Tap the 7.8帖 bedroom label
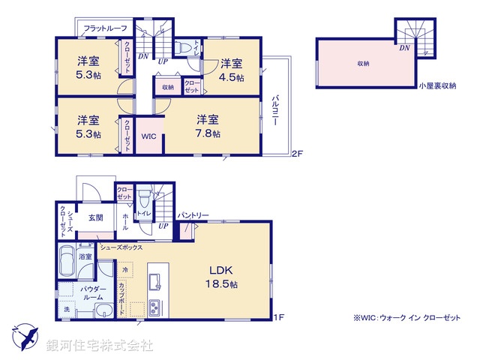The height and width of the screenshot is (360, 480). tap(208, 126)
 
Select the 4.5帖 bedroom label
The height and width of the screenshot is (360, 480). tap(230, 72)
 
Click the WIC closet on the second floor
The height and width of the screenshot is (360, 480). tap(148, 136)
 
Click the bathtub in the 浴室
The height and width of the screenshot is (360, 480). tap(64, 263)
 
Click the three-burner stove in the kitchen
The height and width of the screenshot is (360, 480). tap(154, 307)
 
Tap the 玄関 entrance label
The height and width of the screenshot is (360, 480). tap(94, 218)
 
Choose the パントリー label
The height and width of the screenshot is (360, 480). tap(193, 215)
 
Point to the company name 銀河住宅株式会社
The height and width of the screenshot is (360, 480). tap(99, 346)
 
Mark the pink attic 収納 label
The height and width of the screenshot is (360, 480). tap(363, 64)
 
